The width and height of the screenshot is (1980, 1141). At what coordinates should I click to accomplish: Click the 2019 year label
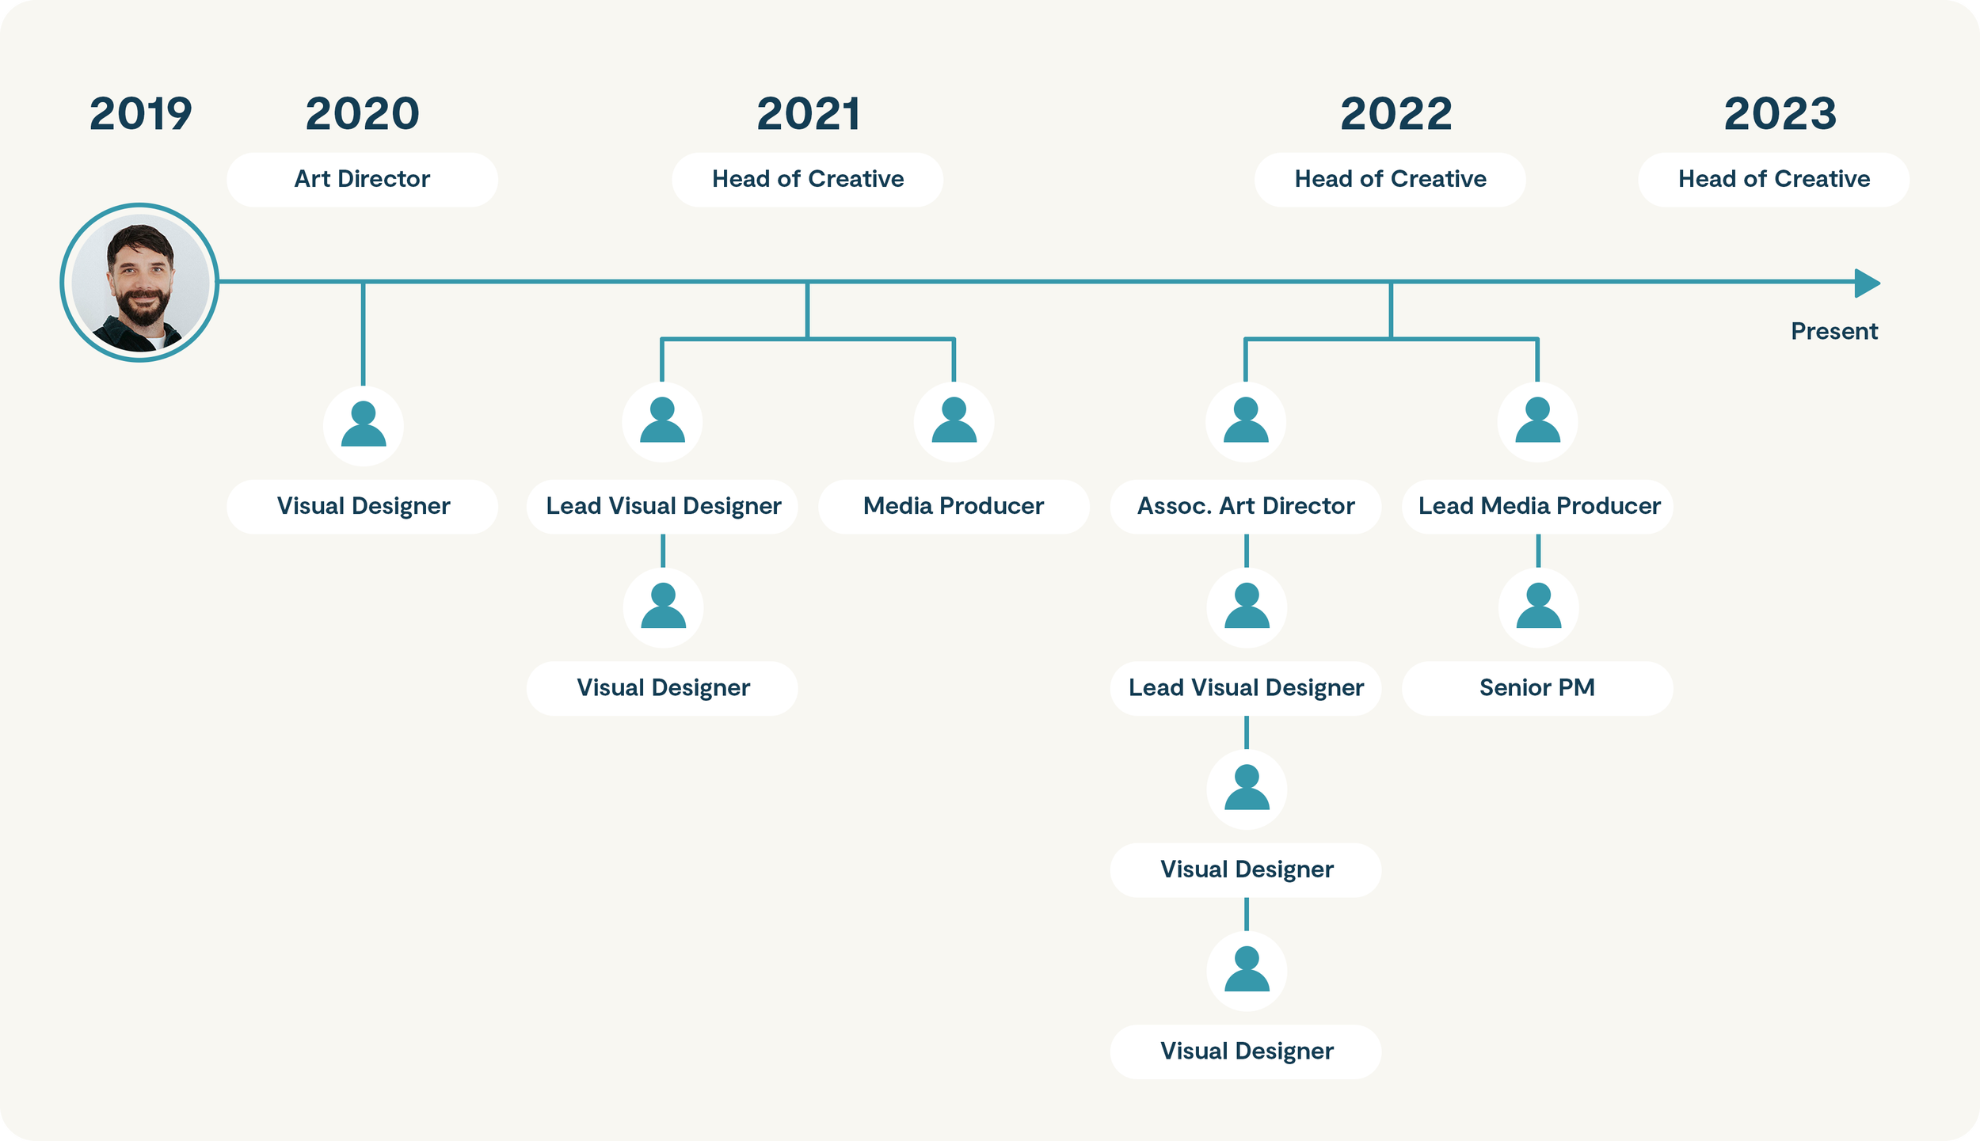pyautogui.click(x=141, y=114)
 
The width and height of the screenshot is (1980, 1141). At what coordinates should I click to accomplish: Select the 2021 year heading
pyautogui.click(x=809, y=114)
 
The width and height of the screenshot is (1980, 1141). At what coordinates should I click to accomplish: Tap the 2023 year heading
pyautogui.click(x=1780, y=114)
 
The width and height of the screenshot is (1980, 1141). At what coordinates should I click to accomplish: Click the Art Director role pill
pyautogui.click(x=362, y=180)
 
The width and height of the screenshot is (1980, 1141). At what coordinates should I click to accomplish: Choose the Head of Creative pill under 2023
pyautogui.click(x=1773, y=180)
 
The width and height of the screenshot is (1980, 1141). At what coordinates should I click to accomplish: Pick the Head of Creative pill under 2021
pyautogui.click(x=807, y=180)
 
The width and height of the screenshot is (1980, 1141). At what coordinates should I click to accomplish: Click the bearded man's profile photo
pyautogui.click(x=140, y=283)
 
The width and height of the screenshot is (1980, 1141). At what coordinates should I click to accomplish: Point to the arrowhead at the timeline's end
pyautogui.click(x=1867, y=283)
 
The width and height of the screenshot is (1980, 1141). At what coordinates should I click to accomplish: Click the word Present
pyautogui.click(x=1833, y=331)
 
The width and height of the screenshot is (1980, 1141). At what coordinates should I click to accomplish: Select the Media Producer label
pyautogui.click(x=954, y=507)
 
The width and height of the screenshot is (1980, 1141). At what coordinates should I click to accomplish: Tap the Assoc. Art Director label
pyautogui.click(x=1246, y=507)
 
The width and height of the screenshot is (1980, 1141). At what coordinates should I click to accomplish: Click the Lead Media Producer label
pyautogui.click(x=1538, y=507)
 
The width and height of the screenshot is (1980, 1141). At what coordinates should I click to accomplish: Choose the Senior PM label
pyautogui.click(x=1537, y=688)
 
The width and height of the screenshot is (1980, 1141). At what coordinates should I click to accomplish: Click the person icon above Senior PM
pyautogui.click(x=1538, y=607)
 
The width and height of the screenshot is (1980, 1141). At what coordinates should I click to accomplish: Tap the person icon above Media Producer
pyautogui.click(x=954, y=421)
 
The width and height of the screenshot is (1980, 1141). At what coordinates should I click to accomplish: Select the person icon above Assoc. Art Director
pyautogui.click(x=1246, y=421)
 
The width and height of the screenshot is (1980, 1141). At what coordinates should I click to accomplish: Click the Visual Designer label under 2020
pyautogui.click(x=363, y=507)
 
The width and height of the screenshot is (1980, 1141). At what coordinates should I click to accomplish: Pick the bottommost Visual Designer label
pyautogui.click(x=1246, y=1052)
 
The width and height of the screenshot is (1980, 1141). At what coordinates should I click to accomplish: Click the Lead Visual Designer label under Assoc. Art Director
pyautogui.click(x=1246, y=688)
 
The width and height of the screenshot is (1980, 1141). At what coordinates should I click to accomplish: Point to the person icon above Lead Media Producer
pyautogui.click(x=1537, y=421)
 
